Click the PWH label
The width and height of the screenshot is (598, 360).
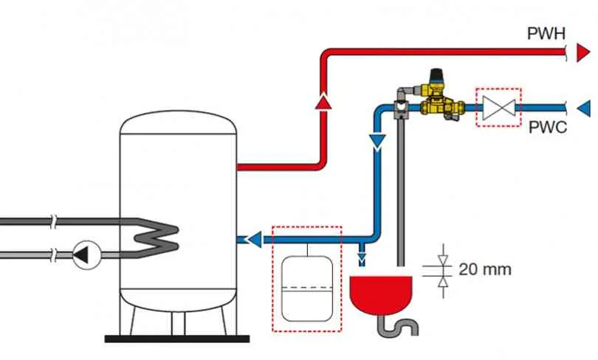pyautogui.click(x=546, y=33)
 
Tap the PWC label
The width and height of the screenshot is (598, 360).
pyautogui.click(x=548, y=127)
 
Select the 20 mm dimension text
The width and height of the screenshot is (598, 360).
pyautogui.click(x=485, y=269)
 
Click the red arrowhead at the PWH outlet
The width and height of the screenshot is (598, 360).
pyautogui.click(x=583, y=52)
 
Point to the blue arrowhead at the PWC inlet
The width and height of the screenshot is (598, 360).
pyautogui.click(x=584, y=108)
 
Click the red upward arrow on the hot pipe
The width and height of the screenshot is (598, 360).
pyautogui.click(x=323, y=101)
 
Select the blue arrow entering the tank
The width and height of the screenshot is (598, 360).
pyautogui.click(x=254, y=240)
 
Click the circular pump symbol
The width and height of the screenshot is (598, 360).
pyautogui.click(x=86, y=255)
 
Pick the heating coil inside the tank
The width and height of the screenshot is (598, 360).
pyautogui.click(x=157, y=239)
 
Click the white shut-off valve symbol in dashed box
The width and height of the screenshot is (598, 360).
pyautogui.click(x=499, y=108)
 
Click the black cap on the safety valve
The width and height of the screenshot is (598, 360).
pyautogui.click(x=436, y=75)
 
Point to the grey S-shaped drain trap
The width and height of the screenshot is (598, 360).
pyautogui.click(x=398, y=326)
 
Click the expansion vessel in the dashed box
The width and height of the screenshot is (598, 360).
pyautogui.click(x=307, y=288)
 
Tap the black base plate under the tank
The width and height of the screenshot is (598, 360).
pyautogui.click(x=177, y=339)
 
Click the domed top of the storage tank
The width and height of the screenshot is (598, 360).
pyautogui.click(x=178, y=122)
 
